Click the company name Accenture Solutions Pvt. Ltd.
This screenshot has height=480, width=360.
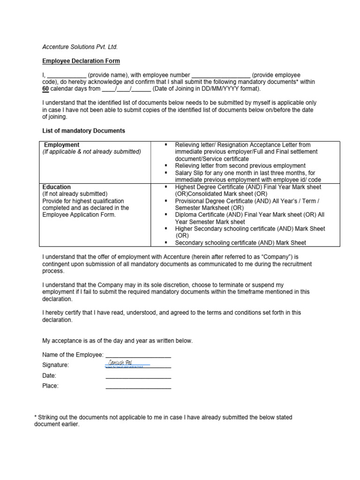(x=80, y=47)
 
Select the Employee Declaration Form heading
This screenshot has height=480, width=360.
(x=81, y=61)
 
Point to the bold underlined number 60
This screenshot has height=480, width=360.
(x=45, y=88)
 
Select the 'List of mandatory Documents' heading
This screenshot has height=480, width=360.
(x=83, y=131)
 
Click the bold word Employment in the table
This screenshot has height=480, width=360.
(x=61, y=145)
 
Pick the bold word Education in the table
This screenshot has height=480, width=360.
(x=57, y=187)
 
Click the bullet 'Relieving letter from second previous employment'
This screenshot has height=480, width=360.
(x=240, y=166)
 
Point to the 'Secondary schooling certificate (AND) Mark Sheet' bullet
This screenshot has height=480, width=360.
(x=240, y=243)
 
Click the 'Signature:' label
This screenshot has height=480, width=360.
(x=55, y=365)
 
